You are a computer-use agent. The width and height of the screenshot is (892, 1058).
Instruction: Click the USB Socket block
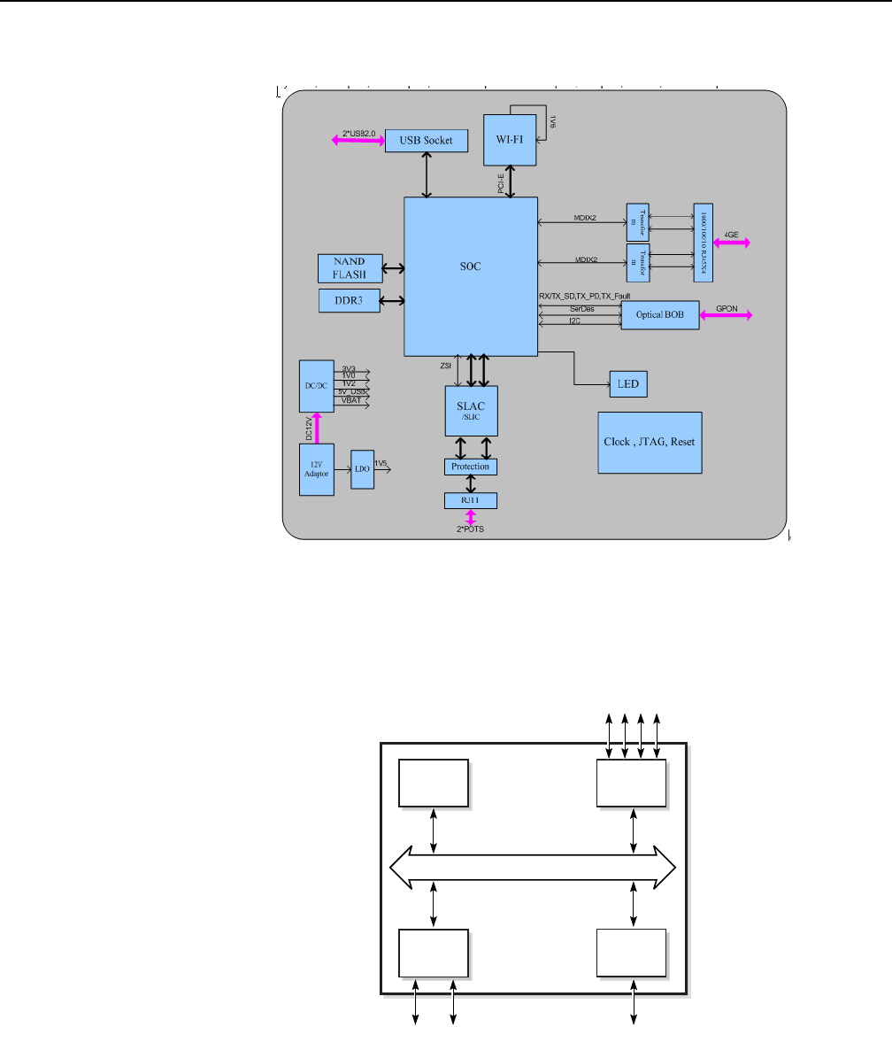pos(427,140)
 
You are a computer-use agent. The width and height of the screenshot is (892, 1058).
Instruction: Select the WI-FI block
pos(511,139)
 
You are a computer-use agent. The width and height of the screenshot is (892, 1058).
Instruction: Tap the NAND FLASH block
pos(350,267)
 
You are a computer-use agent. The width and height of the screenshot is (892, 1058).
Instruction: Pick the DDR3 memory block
pos(349,300)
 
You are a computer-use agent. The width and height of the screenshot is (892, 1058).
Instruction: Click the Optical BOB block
pos(659,316)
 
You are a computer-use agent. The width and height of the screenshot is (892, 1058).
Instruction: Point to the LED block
pos(629,384)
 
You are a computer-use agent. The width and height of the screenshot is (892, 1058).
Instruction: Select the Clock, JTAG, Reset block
pos(650,442)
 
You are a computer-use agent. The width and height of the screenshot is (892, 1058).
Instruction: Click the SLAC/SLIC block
pos(471,411)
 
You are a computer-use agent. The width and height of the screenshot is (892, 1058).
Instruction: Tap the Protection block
pos(471,467)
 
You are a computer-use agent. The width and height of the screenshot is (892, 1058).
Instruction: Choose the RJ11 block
pos(471,501)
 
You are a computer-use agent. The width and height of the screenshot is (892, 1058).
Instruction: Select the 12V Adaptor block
pos(316,468)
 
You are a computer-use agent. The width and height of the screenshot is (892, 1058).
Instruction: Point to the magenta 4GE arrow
pos(734,242)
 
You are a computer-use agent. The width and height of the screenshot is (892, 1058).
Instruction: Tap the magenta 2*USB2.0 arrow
pos(358,140)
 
